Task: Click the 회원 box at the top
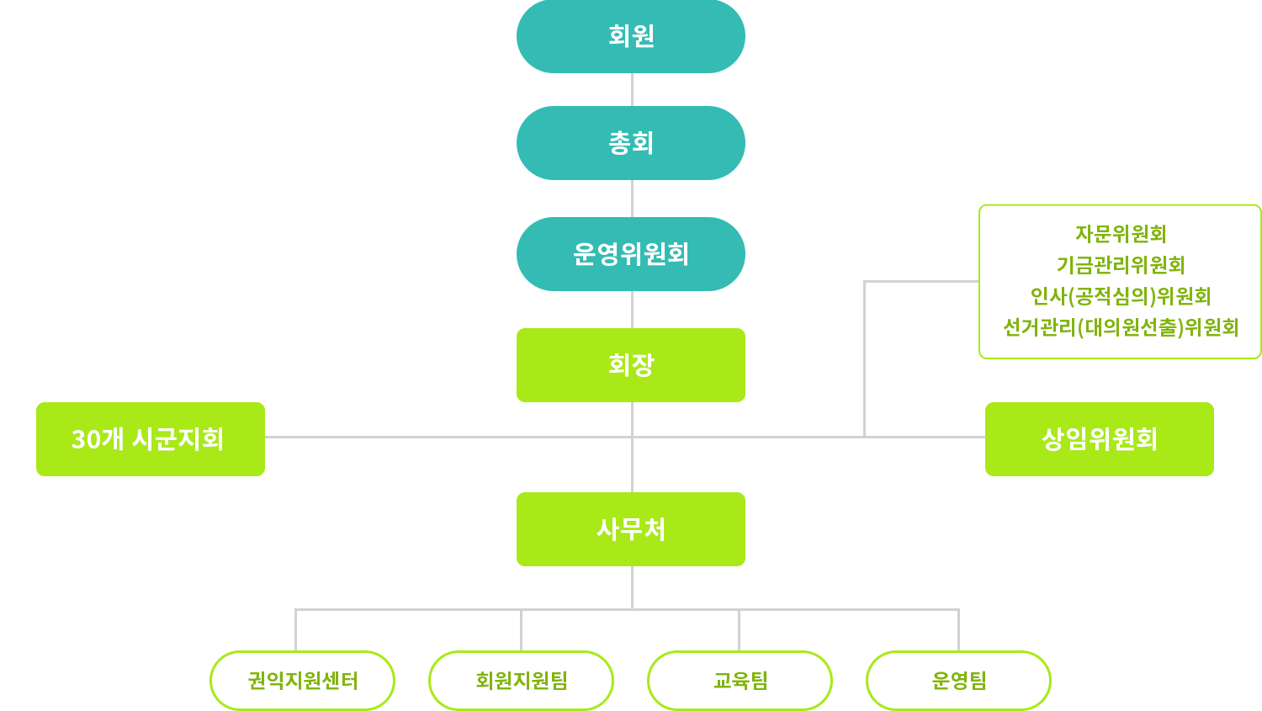tap(631, 36)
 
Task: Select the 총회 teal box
tap(631, 143)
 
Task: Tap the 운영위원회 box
tap(631, 254)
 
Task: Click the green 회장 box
tap(631, 365)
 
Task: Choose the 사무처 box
tap(631, 529)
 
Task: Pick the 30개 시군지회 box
tap(151, 439)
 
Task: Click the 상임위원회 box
tap(1099, 439)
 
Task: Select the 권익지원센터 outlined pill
tap(303, 681)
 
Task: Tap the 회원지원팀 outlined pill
tap(521, 681)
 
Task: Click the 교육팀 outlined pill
tap(740, 681)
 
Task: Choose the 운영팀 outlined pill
tap(958, 681)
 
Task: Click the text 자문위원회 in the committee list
tap(1121, 234)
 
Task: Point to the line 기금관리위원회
tap(1121, 265)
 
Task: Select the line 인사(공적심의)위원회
tap(1121, 296)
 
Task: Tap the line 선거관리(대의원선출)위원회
tap(1121, 327)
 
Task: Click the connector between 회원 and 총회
tap(632, 89)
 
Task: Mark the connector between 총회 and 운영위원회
tap(632, 199)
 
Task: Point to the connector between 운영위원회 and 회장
tap(632, 310)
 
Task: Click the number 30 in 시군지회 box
tap(86, 439)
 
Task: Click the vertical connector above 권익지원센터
tap(296, 630)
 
